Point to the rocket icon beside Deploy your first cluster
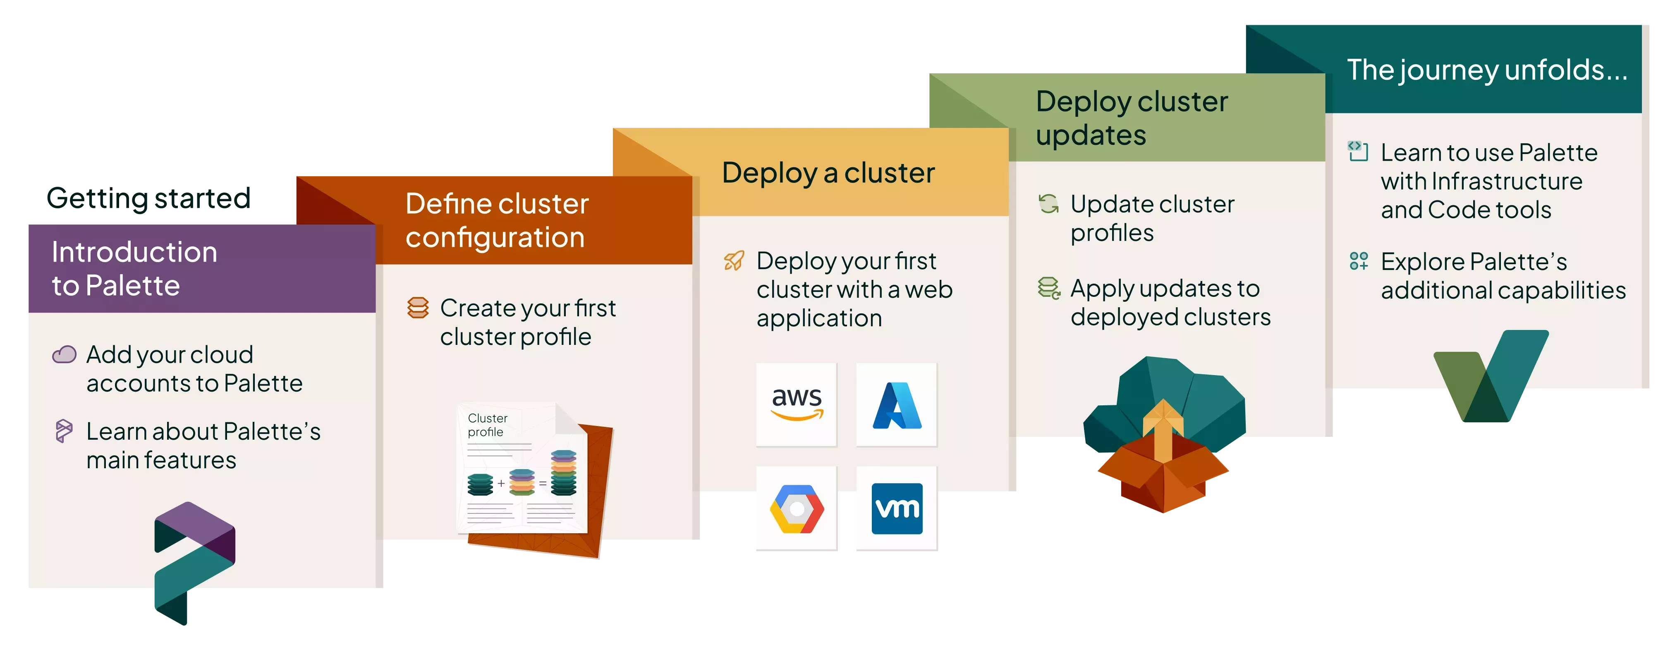[734, 261]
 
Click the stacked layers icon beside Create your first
[418, 308]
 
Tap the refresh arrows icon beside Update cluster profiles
[1048, 204]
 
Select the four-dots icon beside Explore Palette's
[1358, 261]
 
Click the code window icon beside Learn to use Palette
[1358, 151]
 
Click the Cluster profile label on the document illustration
[487, 425]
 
